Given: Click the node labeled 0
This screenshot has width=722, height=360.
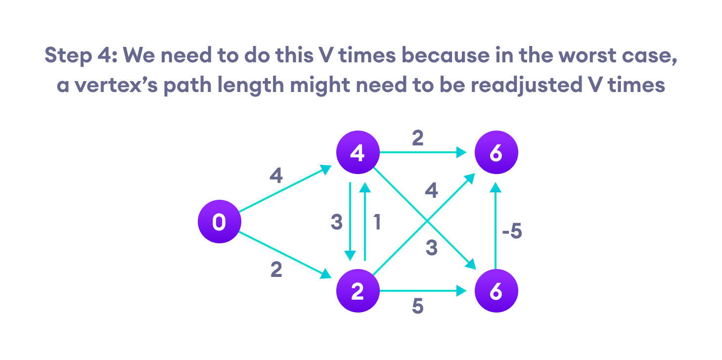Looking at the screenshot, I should (219, 222).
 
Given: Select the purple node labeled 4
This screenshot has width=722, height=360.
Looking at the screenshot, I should (357, 153).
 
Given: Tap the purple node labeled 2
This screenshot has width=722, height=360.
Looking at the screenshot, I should (357, 291).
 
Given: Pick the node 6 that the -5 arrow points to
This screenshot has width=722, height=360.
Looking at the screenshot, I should (496, 153).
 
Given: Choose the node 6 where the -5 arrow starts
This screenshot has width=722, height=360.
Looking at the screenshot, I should (496, 291).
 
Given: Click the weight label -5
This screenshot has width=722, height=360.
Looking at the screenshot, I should (511, 231).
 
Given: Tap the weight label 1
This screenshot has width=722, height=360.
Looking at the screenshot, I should (377, 223).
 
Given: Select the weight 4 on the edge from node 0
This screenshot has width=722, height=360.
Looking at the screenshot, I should (276, 176).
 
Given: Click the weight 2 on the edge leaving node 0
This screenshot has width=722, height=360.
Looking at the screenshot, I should (276, 270).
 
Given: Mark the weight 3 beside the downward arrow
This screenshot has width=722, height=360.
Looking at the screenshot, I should (336, 223).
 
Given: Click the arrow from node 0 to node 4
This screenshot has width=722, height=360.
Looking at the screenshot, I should (284, 189).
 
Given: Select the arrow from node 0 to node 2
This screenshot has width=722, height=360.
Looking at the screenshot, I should (284, 255).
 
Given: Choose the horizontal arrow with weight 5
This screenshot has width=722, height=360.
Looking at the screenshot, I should (423, 291).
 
